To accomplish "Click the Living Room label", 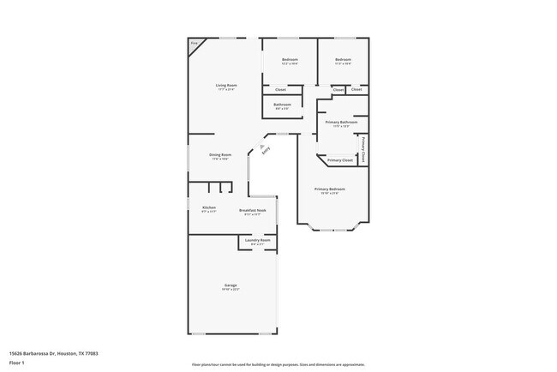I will pos(226,85).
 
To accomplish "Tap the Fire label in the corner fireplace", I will pos(194,42).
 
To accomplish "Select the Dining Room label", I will pos(220,155).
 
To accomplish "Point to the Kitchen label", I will pos(209,207).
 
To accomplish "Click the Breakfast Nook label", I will pos(252,210).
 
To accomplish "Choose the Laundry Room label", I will pos(258,240).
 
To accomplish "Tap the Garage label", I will pos(231,285).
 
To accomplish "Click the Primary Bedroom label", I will pos(330,189).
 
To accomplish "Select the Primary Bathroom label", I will pos(341,123).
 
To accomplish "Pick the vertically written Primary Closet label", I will pos(364,149).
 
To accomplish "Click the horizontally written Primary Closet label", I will pos(340,160).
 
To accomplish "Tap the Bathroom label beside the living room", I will pos(282,105).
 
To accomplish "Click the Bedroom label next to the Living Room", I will pos(290,59).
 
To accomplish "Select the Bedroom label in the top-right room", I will pos(343,59).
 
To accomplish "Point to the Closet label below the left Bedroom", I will pos(280,89).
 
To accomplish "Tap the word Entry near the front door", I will pos(267,151).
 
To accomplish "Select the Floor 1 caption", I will pos(16,363).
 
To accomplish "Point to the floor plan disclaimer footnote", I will pos(278,364).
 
